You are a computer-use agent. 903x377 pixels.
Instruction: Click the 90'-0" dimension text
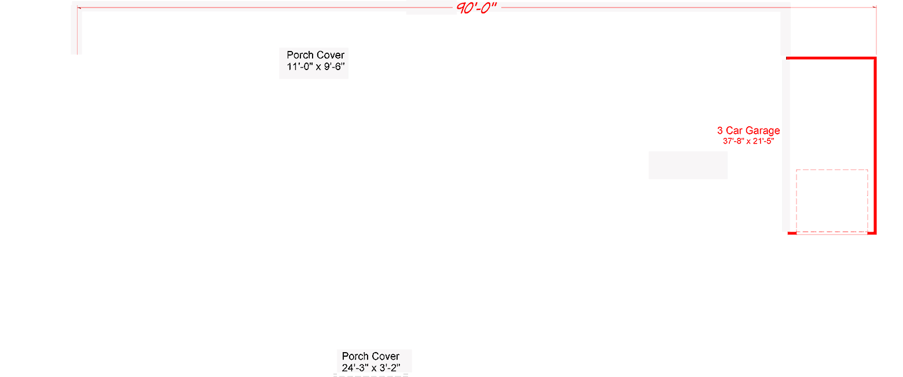476,8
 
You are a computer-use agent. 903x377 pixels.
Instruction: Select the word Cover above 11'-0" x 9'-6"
331,55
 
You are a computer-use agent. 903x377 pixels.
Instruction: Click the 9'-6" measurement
334,67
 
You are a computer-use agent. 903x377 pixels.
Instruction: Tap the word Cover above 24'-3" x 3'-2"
386,356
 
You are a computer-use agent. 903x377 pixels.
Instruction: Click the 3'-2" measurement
390,368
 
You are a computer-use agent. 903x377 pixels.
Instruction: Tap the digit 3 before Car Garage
720,131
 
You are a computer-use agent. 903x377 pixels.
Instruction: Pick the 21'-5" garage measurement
763,141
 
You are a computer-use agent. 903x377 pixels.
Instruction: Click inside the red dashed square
832,201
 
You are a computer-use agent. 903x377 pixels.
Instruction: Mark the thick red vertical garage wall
875,145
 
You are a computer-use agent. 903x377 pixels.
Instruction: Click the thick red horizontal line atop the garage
831,58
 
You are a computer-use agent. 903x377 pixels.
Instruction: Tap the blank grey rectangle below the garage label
688,165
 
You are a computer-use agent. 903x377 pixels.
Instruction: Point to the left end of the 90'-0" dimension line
78,8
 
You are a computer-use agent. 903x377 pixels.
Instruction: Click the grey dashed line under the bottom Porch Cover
371,375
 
